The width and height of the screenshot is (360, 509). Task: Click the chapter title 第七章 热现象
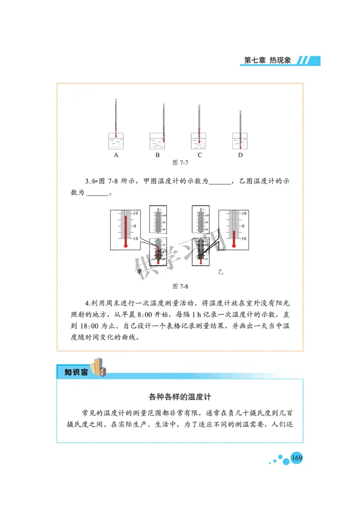click(267, 60)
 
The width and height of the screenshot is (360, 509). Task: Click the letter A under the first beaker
click(116, 155)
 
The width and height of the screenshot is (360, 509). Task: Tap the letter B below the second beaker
click(157, 155)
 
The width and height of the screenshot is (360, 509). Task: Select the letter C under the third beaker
click(199, 155)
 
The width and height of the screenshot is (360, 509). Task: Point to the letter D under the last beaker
click(240, 155)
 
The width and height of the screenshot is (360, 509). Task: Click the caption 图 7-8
click(180, 286)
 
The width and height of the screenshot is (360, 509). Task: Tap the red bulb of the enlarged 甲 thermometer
click(126, 246)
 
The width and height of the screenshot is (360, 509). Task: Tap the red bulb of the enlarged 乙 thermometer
click(234, 246)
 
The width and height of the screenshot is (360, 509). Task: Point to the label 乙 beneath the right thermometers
click(220, 272)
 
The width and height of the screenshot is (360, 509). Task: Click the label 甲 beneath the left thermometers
click(139, 272)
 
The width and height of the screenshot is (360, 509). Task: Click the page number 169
click(297, 458)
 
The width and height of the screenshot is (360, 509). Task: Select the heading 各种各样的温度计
click(180, 397)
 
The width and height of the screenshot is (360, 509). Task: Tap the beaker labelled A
click(116, 141)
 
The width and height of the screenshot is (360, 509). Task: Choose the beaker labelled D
click(240, 141)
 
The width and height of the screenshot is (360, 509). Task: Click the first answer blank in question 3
click(219, 182)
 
